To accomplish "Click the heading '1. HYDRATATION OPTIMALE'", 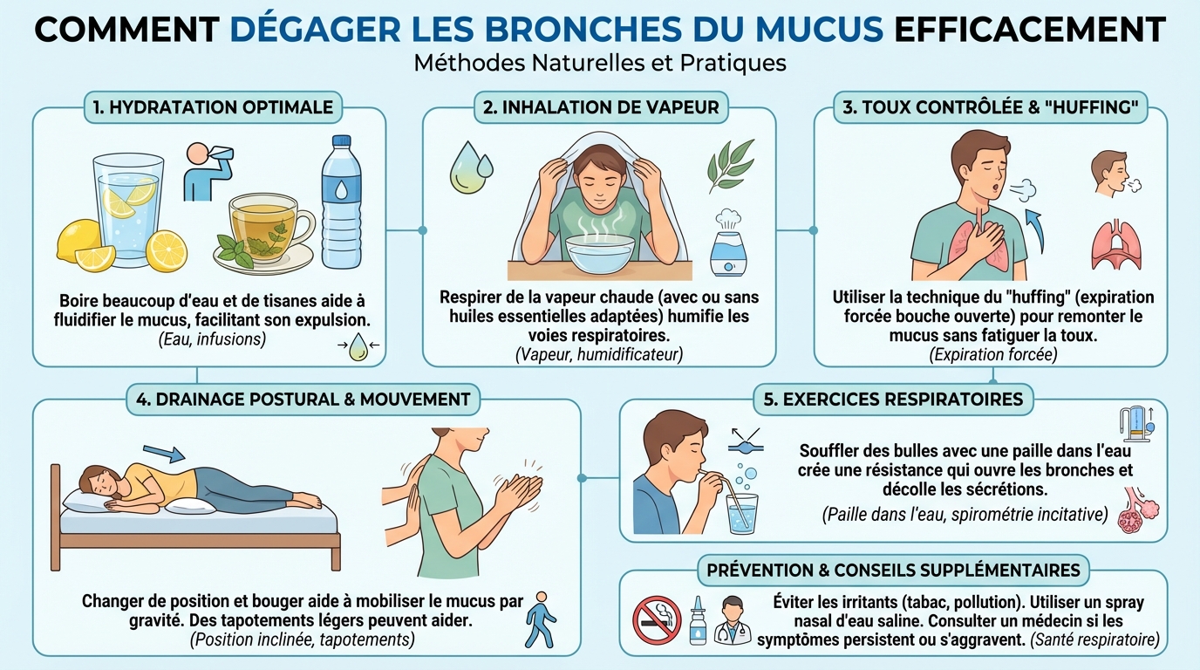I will coord(213,107).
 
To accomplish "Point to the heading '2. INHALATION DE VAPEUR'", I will coord(601,107).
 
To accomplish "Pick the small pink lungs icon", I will coord(1115,244).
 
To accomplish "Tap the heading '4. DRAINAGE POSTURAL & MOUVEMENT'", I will coord(303,400).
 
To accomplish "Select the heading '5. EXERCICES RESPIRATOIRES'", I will coord(893,400).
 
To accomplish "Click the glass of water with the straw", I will coord(741,514).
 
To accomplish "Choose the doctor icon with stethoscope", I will coord(733,620).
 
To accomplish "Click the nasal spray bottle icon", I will coord(697,620).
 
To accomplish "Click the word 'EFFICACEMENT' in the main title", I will coord(1030,31).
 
